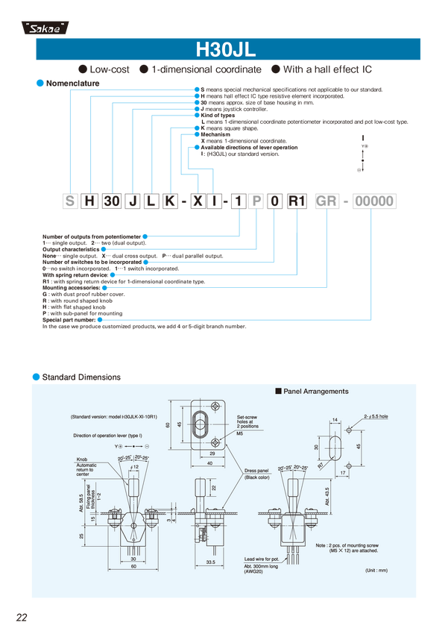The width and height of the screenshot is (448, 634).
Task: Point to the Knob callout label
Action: (81, 459)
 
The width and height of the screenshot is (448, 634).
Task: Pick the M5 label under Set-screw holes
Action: (240, 433)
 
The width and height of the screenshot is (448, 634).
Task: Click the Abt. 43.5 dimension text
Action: (326, 495)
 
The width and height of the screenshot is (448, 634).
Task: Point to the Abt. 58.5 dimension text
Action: (81, 494)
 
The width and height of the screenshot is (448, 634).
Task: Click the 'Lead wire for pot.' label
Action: (260, 558)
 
